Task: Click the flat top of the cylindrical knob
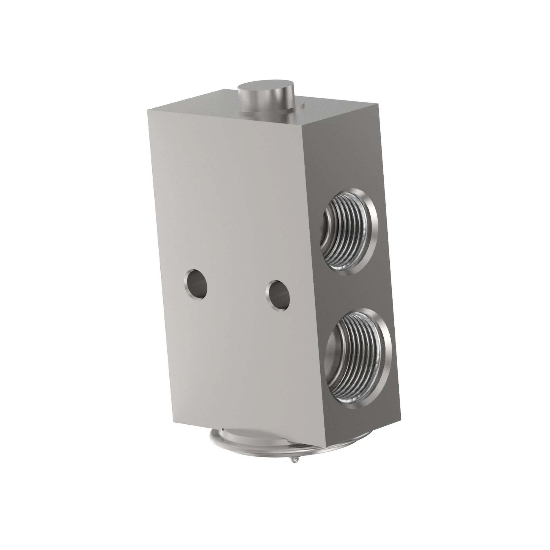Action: point(265,87)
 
